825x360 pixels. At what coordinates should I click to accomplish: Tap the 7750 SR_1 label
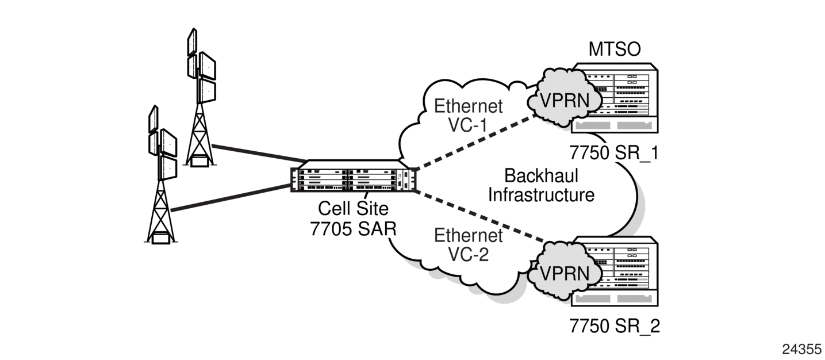(615, 154)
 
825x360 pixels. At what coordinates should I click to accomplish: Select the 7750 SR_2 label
(615, 326)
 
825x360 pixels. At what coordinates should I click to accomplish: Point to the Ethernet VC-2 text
(468, 245)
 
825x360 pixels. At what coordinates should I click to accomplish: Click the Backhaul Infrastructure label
(541, 185)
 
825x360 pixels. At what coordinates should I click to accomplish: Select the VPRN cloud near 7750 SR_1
(564, 100)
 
